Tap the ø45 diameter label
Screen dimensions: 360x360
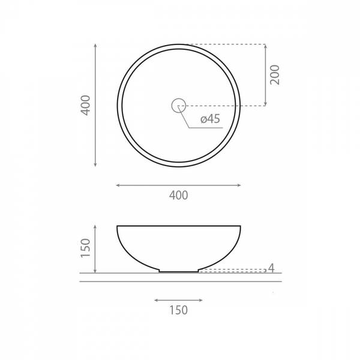click(211, 119)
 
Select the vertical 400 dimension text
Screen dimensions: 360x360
click(86, 106)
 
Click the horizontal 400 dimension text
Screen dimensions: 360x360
click(179, 196)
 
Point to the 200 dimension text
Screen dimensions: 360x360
click(275, 75)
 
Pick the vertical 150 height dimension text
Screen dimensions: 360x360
click(86, 248)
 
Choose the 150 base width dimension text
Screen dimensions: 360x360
click(179, 310)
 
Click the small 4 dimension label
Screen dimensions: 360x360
click(271, 268)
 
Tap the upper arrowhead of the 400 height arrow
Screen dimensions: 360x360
click(95, 45)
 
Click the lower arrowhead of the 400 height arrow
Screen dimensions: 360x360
click(95, 164)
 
